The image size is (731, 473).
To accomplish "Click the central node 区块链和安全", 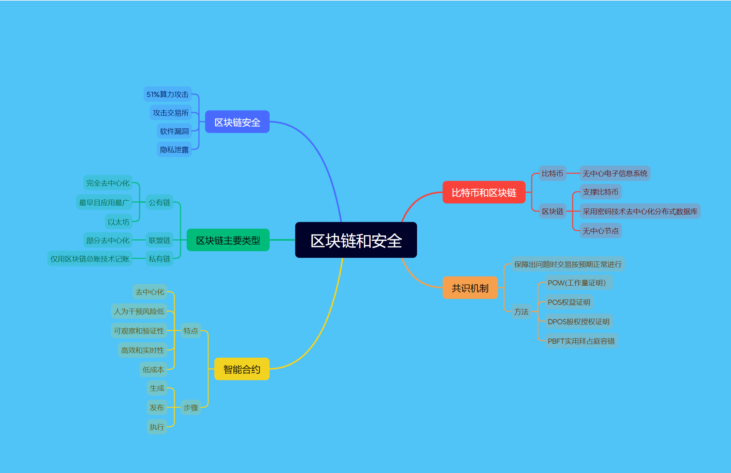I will click(x=356, y=240).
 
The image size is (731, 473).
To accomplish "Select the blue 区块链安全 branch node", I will click(x=237, y=122).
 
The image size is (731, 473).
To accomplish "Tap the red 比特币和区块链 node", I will click(x=484, y=192).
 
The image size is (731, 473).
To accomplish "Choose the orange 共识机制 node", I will click(x=470, y=288).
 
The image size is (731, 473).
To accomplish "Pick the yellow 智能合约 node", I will click(x=242, y=369).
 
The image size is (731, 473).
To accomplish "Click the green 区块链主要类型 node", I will click(x=228, y=240).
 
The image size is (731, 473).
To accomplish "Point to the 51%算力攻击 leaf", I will click(x=167, y=94).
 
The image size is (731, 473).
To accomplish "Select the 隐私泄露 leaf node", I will click(x=174, y=149).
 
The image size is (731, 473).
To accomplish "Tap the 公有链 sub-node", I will click(x=159, y=202).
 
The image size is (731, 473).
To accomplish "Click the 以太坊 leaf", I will click(x=118, y=222).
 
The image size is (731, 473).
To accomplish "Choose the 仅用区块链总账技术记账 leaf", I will click(x=90, y=259).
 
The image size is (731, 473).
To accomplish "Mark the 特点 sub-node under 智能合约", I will click(x=190, y=331).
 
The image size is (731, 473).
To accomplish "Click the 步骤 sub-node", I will click(x=190, y=407).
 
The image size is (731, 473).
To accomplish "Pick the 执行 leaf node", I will click(x=157, y=427).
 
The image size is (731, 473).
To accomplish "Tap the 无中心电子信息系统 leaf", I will click(x=615, y=173).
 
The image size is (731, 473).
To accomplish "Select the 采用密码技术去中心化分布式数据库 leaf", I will click(x=640, y=211).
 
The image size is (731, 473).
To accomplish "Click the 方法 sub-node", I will click(x=521, y=312).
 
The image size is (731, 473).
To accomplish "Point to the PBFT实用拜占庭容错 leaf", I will click(x=581, y=341).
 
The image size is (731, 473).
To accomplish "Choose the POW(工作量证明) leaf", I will click(x=577, y=283).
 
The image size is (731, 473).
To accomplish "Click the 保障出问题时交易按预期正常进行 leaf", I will click(x=568, y=264).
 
